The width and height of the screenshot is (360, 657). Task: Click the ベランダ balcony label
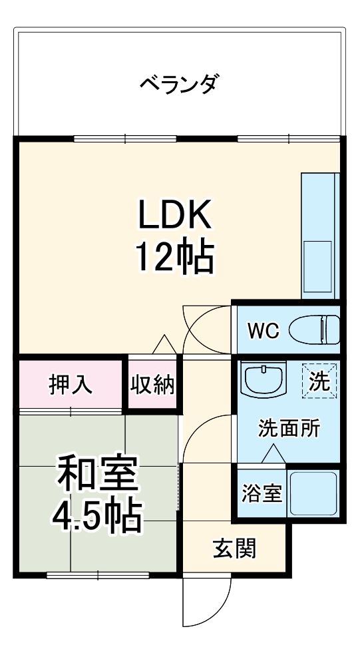(x=179, y=85)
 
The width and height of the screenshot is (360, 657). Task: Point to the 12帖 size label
(x=175, y=257)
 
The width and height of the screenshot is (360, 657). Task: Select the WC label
(x=264, y=330)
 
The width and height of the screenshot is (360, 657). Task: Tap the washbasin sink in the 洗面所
(x=264, y=380)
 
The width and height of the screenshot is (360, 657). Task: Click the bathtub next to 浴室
(x=313, y=494)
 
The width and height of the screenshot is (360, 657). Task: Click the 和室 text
(x=97, y=475)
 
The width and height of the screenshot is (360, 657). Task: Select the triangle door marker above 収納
(x=164, y=344)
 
